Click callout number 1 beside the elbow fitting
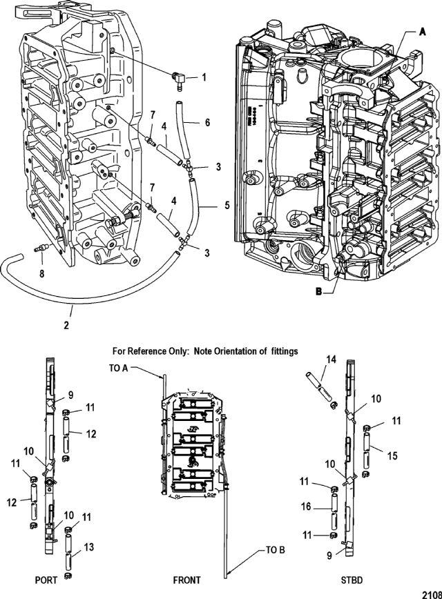[x=204, y=77]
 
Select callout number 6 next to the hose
[x=207, y=122]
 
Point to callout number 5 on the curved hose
[x=227, y=206]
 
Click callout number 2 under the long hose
[x=66, y=326]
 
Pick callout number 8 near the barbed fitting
[x=41, y=273]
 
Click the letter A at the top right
[x=422, y=32]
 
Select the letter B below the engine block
[x=318, y=291]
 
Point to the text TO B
[x=276, y=550]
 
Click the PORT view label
[x=46, y=580]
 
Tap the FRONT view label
[x=186, y=580]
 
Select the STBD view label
[x=352, y=580]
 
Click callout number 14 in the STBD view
[x=331, y=360]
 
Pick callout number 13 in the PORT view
[x=89, y=547]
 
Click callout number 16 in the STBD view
[x=306, y=507]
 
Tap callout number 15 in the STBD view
[x=392, y=455]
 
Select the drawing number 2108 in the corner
[x=432, y=594]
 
